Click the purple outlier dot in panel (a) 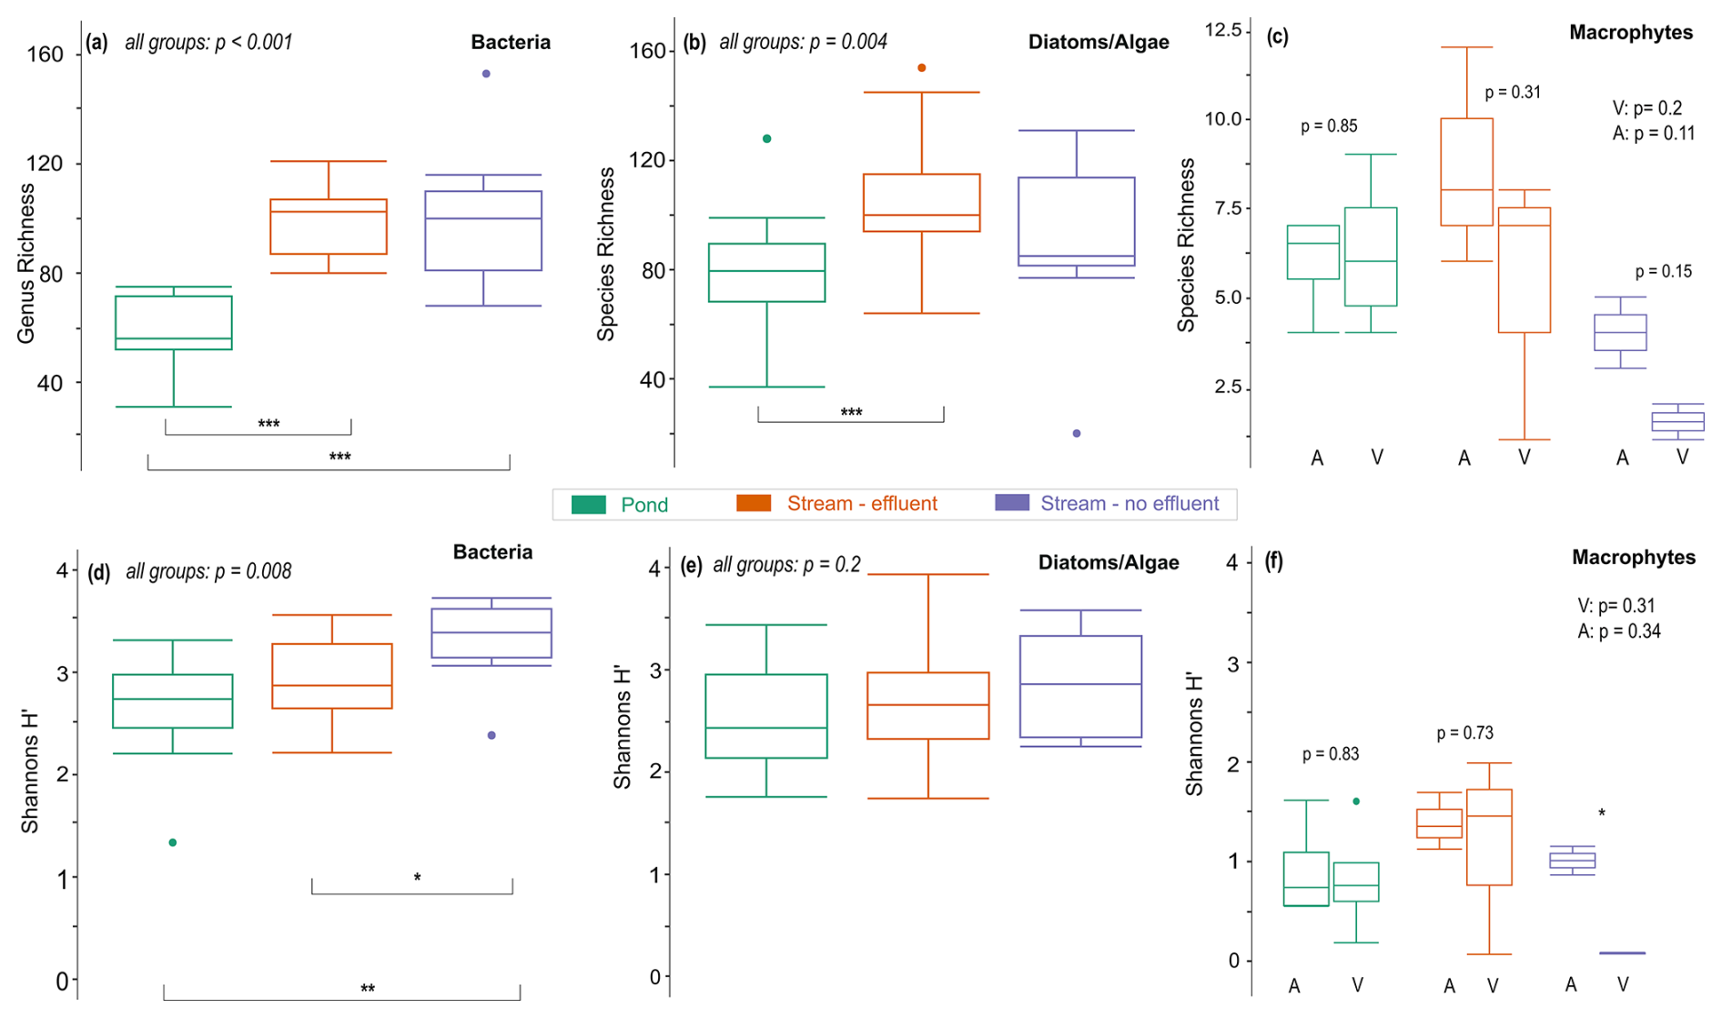486,74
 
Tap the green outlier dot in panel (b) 767,139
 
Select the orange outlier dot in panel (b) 922,68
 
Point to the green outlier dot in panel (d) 173,842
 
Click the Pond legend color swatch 589,505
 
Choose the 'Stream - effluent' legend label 861,504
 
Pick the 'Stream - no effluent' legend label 1129,504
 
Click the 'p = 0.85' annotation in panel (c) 1329,126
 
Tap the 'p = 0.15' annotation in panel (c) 1663,271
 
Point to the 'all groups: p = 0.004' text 803,42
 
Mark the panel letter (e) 692,565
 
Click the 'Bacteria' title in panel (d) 492,552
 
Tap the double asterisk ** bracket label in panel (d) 368,989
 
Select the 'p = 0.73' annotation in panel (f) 1464,733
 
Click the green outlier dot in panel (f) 1356,801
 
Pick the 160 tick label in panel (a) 45,55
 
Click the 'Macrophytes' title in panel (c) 1631,33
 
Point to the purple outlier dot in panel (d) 491,735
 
